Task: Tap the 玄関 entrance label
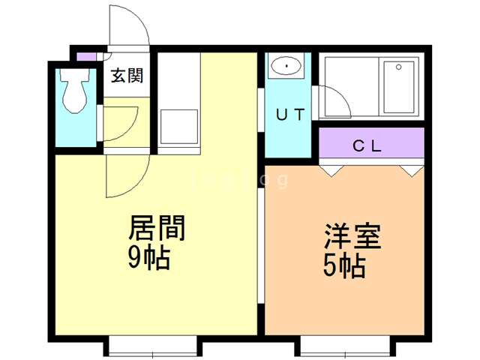[x=127, y=76]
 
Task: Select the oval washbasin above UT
[x=286, y=66]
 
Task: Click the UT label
[x=290, y=115]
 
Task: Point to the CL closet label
[x=367, y=145]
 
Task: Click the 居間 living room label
[x=157, y=228]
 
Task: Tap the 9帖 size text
[x=149, y=258]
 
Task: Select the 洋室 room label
[x=353, y=236]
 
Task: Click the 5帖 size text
[x=344, y=266]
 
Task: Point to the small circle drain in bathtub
[x=398, y=67]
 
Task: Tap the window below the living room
[x=153, y=346]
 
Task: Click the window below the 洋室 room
[x=345, y=346]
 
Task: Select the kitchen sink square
[x=179, y=127]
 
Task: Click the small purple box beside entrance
[x=86, y=57]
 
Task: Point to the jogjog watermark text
[x=239, y=180]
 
